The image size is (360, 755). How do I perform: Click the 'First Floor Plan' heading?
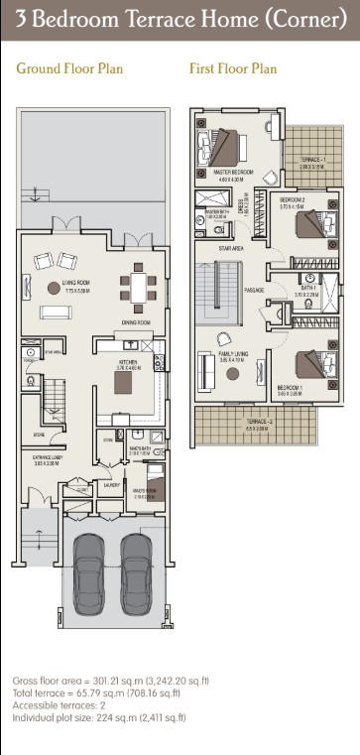tap(233, 68)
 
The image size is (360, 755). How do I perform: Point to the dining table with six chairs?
tap(136, 289)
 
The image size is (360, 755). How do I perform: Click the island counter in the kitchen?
tap(124, 382)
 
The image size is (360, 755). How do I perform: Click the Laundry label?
tap(112, 485)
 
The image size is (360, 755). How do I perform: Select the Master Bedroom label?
tap(234, 172)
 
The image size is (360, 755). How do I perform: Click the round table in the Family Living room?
tap(234, 372)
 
